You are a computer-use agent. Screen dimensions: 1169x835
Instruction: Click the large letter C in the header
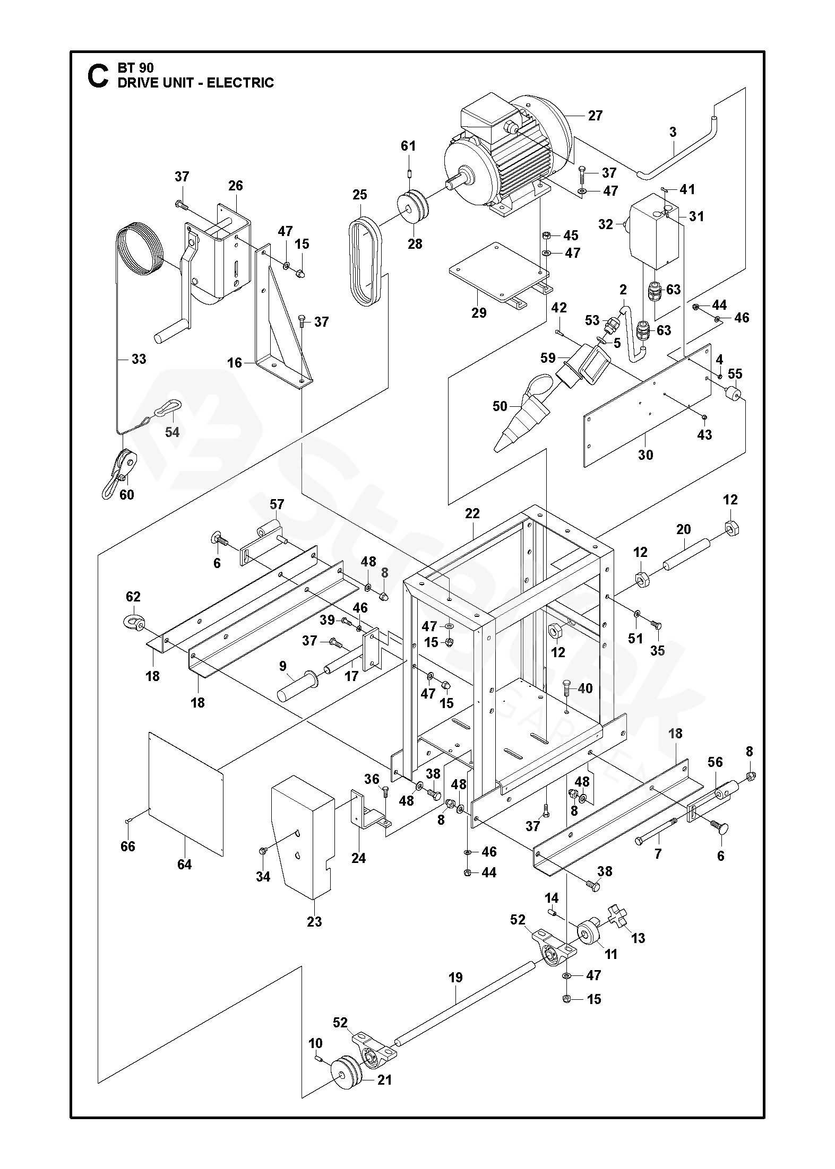(98, 76)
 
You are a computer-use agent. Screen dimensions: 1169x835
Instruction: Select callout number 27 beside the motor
(595, 116)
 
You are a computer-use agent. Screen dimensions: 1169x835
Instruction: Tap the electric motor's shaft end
(453, 187)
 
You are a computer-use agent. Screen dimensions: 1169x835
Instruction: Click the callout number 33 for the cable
(139, 359)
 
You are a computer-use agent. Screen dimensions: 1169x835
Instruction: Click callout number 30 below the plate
(645, 455)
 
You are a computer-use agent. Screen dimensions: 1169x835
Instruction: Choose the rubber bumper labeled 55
(734, 395)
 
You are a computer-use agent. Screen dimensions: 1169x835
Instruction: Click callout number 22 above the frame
(472, 513)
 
